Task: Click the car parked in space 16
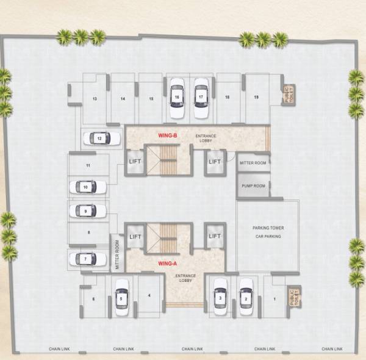[176, 98]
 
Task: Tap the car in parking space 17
[201, 98]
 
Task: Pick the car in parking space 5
[121, 298]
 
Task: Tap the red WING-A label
[167, 264]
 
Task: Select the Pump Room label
[253, 185]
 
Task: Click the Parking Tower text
[268, 228]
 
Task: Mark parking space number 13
[95, 98]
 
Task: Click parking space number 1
[274, 298]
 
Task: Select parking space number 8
[89, 232]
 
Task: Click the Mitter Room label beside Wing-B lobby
[253, 163]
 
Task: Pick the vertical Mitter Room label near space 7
[117, 255]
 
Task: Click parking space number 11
[88, 165]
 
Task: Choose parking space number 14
[123, 98]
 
